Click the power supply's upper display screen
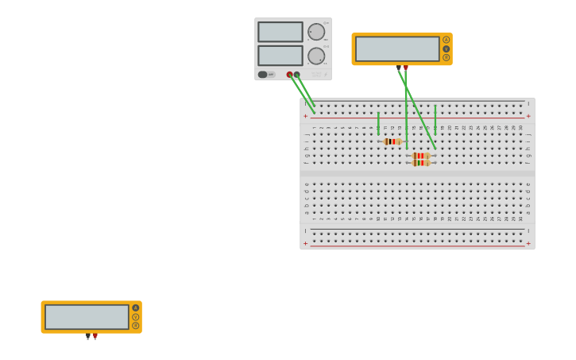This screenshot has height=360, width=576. (x=280, y=32)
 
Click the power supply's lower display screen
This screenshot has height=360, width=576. (x=280, y=56)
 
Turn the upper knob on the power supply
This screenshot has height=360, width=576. (x=316, y=32)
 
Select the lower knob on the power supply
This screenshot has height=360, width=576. (x=316, y=56)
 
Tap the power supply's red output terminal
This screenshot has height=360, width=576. (x=290, y=75)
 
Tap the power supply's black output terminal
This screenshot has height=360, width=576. (x=297, y=75)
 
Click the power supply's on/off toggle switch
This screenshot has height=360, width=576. (x=263, y=75)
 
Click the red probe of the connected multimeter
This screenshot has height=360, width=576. (x=406, y=68)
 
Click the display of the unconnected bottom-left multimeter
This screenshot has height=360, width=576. (x=87, y=317)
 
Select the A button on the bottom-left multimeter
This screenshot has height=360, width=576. (x=136, y=308)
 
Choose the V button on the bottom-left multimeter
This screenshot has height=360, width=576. (x=136, y=317)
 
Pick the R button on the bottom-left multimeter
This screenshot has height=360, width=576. (x=136, y=326)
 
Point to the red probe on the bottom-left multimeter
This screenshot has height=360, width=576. (x=95, y=336)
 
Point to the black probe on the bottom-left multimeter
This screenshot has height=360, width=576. (x=87, y=336)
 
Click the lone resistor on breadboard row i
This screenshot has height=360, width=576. (x=392, y=141)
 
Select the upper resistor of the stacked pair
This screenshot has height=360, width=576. (x=421, y=156)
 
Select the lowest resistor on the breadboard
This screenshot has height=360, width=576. (x=421, y=163)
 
